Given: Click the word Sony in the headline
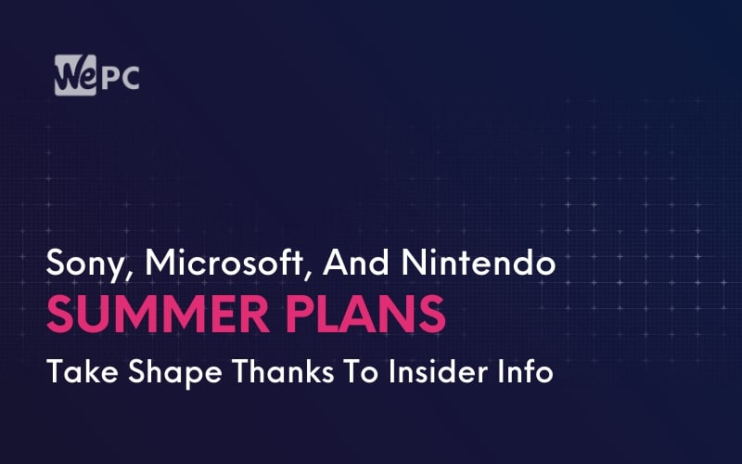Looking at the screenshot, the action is click(84, 264).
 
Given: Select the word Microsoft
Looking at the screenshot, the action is click(224, 262).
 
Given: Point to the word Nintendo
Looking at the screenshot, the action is click(479, 262).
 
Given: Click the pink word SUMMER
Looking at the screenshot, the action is click(158, 314).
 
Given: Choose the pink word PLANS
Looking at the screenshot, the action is click(365, 314).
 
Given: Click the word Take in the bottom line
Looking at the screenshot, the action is click(83, 371).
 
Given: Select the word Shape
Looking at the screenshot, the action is click(174, 373).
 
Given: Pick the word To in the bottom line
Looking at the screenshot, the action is click(361, 371).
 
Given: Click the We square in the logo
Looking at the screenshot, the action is click(75, 75).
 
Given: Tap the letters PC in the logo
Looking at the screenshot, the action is click(121, 78).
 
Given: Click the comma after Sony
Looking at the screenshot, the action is click(127, 274).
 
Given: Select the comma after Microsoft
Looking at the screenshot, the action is click(307, 274).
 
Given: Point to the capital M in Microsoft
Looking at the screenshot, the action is click(160, 263).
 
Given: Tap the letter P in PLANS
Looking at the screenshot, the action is click(299, 315).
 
